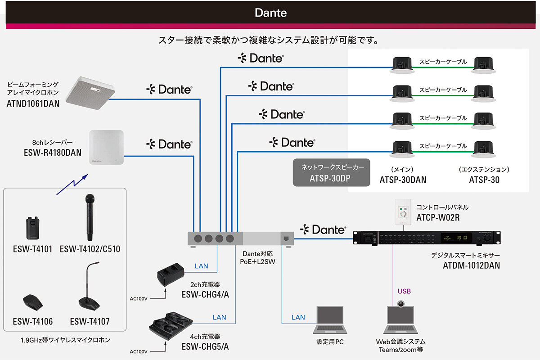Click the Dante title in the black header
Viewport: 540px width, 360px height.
point(270,12)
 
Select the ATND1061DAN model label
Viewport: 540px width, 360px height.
point(33,103)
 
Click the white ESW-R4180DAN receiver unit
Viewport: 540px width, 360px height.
point(106,147)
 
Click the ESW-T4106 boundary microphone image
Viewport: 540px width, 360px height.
point(33,302)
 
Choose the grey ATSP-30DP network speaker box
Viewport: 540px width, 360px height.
point(331,172)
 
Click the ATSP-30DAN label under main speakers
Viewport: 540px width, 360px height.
point(403,180)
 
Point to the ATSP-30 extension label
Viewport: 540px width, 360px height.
point(484,180)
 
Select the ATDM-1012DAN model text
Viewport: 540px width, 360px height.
point(471,265)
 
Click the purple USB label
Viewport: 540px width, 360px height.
point(404,291)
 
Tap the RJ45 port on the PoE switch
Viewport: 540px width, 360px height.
point(287,238)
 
